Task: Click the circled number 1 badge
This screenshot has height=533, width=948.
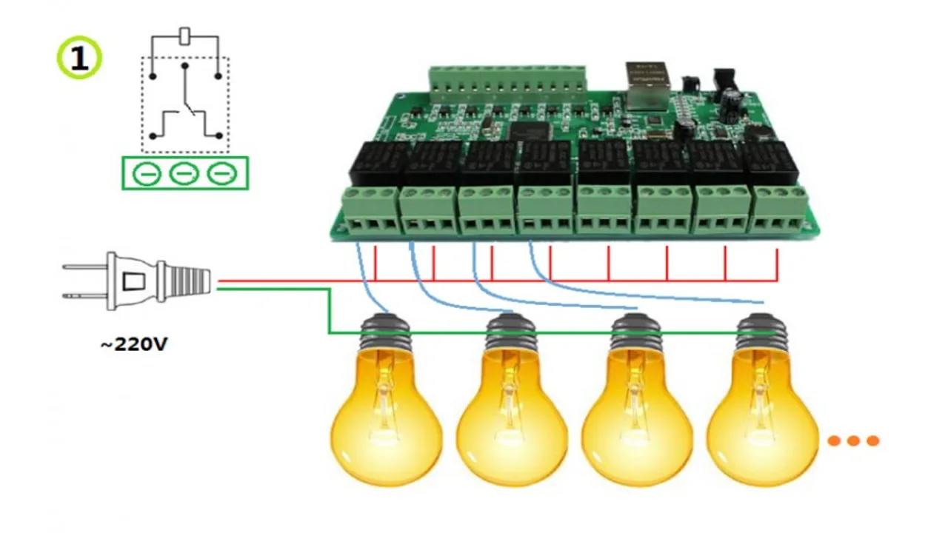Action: (x=79, y=58)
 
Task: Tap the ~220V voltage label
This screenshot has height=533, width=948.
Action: (x=134, y=344)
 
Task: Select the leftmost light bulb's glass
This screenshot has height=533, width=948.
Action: (x=385, y=422)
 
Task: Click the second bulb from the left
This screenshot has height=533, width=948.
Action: (x=511, y=422)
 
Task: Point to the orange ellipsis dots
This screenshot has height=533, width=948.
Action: (x=852, y=440)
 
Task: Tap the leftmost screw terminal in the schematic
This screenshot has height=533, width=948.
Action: (x=147, y=174)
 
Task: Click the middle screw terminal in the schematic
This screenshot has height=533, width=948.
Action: (x=184, y=174)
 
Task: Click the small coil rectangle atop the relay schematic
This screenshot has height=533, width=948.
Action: (x=186, y=36)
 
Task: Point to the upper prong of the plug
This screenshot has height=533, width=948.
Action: (x=86, y=266)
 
